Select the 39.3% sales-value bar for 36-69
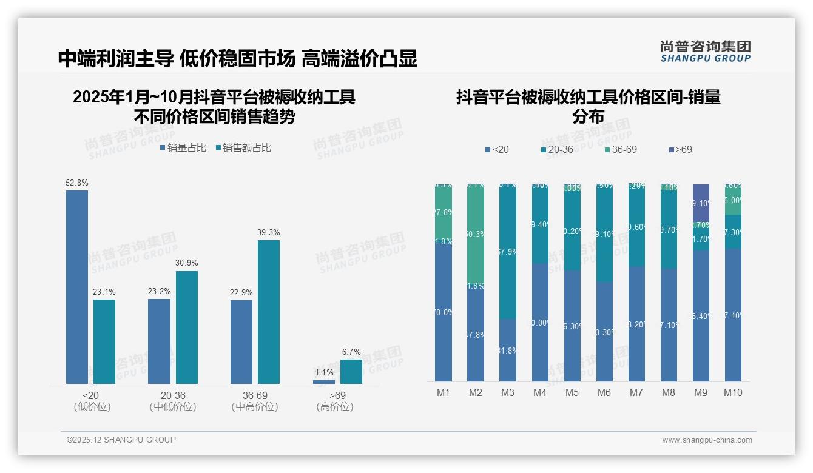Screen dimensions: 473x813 [x=269, y=312]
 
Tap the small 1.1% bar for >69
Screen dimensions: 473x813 [x=324, y=382]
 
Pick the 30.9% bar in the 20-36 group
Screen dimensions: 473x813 [x=187, y=327]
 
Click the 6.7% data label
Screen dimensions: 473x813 [x=351, y=352]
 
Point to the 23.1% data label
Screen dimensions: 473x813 [x=104, y=292]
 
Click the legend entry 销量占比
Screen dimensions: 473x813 [x=183, y=148]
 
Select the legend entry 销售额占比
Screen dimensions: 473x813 [x=244, y=148]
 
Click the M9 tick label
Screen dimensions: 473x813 [x=701, y=392]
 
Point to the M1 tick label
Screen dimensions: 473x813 [x=444, y=392]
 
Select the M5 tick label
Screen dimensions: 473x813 [x=572, y=392]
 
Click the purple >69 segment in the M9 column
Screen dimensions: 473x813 [x=701, y=203]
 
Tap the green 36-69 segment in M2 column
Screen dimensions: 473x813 [x=476, y=233]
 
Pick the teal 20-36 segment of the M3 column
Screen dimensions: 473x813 [x=508, y=252]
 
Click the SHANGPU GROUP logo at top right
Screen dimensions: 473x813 [x=706, y=52]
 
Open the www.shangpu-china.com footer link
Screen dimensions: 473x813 [x=707, y=440]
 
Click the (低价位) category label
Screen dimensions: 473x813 [x=92, y=407]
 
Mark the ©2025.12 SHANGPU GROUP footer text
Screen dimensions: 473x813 [x=121, y=440]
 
